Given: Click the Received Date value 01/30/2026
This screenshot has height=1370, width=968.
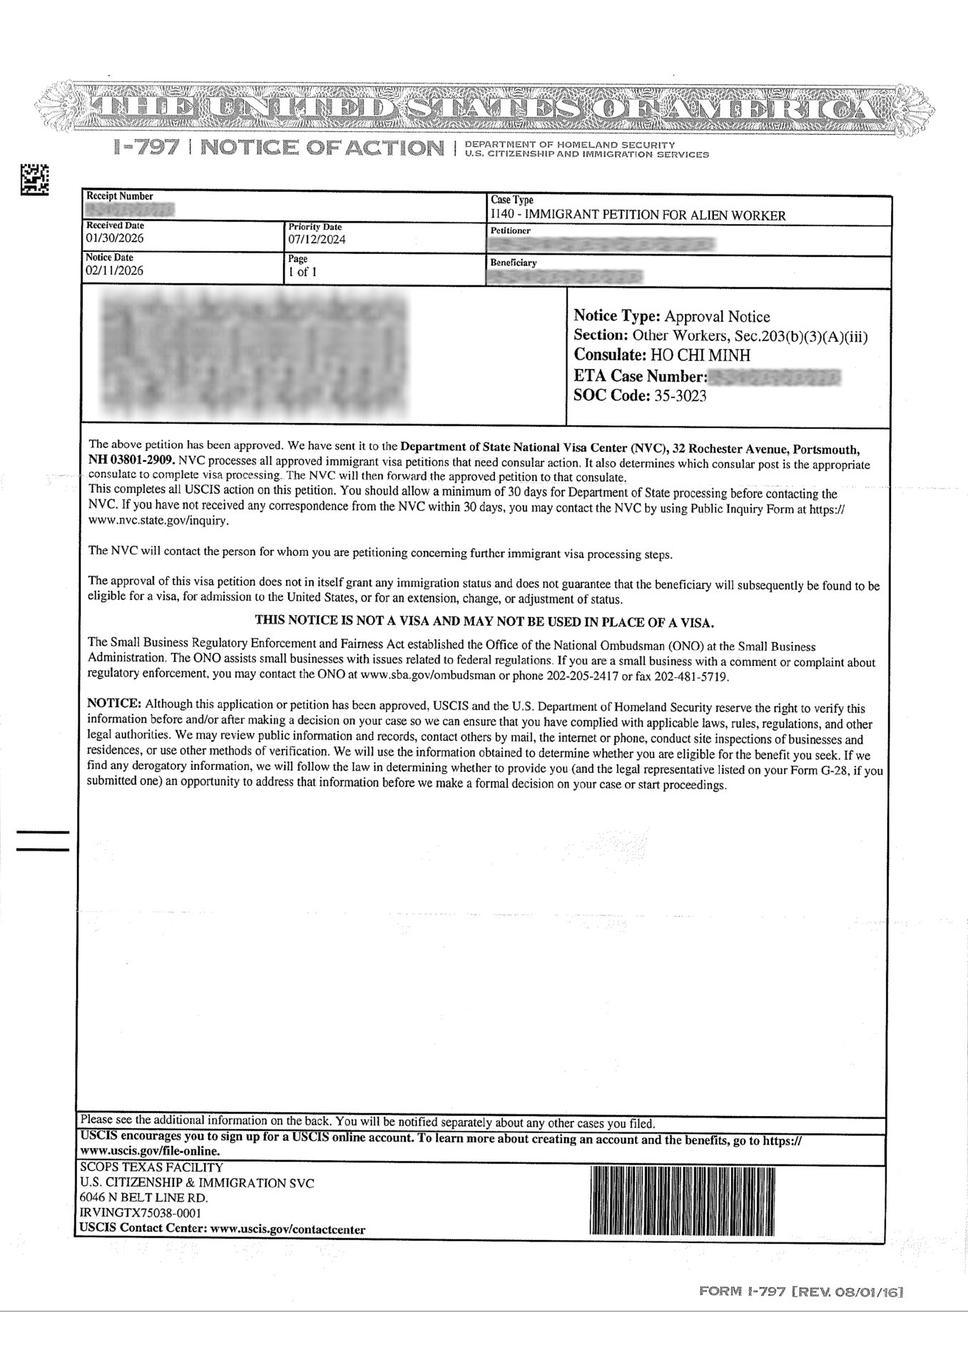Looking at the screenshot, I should click(x=114, y=238).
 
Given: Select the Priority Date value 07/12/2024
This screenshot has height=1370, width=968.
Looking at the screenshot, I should click(x=317, y=240).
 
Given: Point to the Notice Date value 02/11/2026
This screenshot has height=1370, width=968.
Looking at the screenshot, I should click(x=114, y=271).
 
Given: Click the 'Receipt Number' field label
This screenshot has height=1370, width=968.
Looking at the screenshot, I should click(x=119, y=196).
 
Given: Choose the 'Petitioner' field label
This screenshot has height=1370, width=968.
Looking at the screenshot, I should click(x=510, y=231).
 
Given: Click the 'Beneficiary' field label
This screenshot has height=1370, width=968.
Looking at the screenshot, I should click(x=513, y=263).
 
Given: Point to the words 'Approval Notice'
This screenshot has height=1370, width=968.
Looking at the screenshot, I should click(x=717, y=316).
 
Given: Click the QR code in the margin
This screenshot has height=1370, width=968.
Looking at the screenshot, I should click(x=34, y=180).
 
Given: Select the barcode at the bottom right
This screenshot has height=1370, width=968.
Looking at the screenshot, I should click(x=682, y=1200).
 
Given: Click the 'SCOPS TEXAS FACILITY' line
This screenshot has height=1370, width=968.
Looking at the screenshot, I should click(x=151, y=1168).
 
